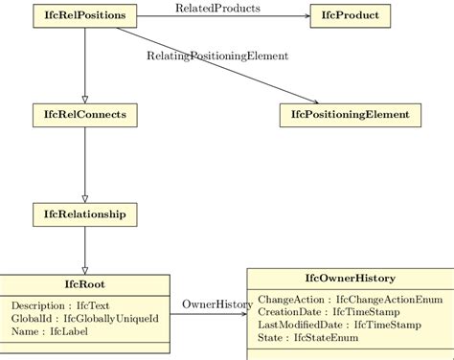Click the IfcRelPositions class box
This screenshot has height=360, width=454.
(x=85, y=15)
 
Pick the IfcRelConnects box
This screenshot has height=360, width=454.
(x=85, y=115)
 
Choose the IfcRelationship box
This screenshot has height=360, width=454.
(x=85, y=214)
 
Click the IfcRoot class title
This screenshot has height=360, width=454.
(x=84, y=283)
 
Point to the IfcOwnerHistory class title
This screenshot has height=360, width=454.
(x=350, y=278)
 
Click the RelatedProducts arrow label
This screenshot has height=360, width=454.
(x=217, y=9)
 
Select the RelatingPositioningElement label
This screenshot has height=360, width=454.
(x=217, y=56)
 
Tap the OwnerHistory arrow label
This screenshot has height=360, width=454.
(x=217, y=304)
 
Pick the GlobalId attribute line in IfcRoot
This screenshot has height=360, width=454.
(x=84, y=318)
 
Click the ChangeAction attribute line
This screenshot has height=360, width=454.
(x=350, y=300)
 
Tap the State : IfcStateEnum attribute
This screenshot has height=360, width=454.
(x=307, y=337)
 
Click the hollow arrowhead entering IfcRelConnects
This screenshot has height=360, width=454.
(x=85, y=99)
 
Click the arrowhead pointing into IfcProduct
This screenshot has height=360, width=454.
(x=305, y=15)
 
